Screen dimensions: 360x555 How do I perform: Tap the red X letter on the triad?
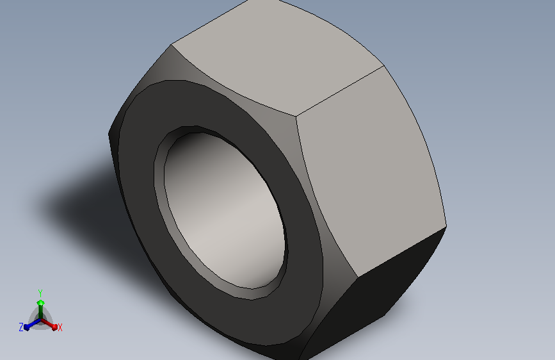click(60, 327)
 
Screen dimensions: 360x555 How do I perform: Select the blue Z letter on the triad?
click(21, 327)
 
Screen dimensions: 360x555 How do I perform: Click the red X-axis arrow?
click(52, 325)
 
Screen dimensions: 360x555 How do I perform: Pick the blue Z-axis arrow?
click(29, 325)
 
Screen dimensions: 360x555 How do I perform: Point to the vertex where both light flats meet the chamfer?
click(296, 117)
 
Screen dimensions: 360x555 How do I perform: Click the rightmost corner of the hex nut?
click(446, 225)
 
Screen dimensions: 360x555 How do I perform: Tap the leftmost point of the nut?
click(109, 135)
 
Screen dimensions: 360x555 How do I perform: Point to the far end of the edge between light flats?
click(383, 66)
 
